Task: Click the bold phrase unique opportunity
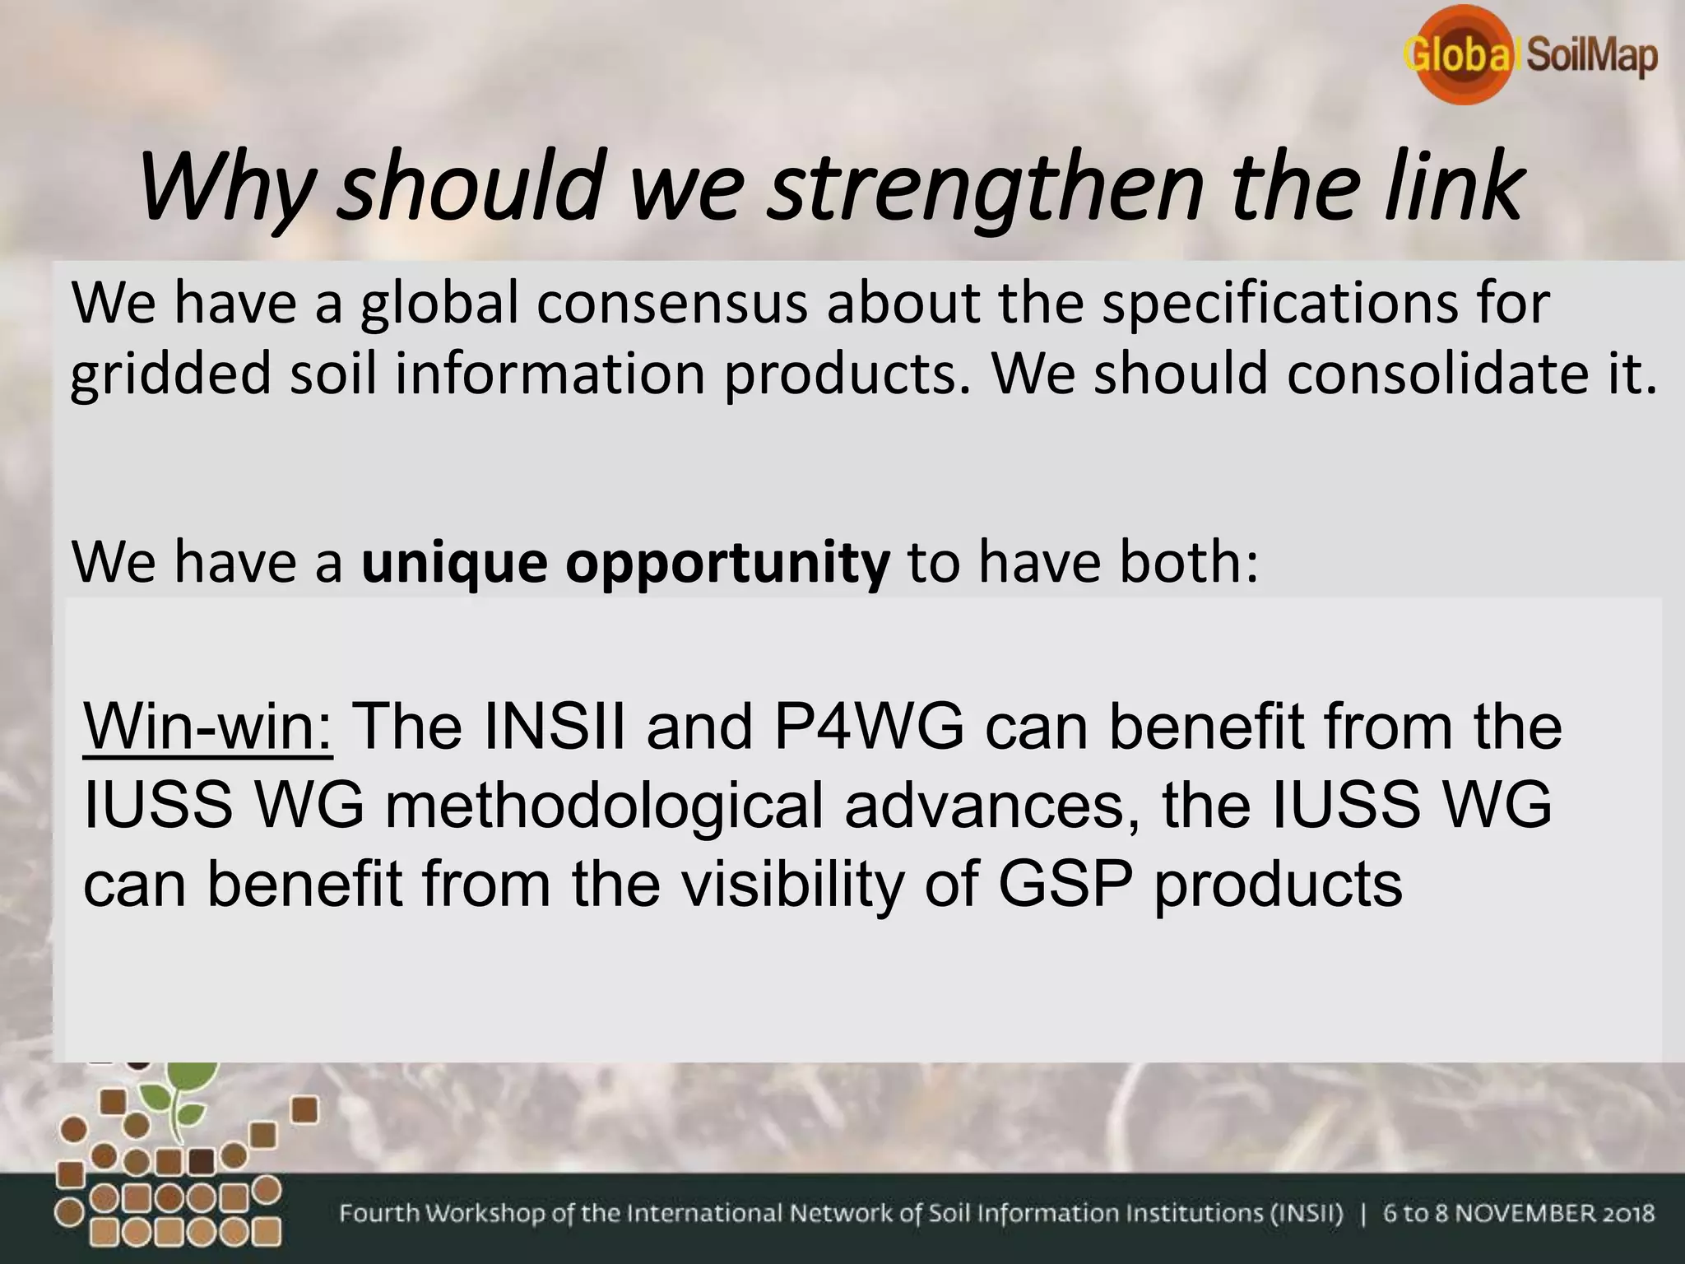tap(625, 563)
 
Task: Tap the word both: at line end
tap(1188, 563)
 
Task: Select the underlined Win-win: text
tap(208, 727)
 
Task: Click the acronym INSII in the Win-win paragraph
tap(555, 727)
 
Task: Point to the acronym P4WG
tap(869, 727)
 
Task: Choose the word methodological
tap(604, 806)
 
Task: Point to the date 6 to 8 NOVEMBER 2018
tap(1519, 1214)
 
